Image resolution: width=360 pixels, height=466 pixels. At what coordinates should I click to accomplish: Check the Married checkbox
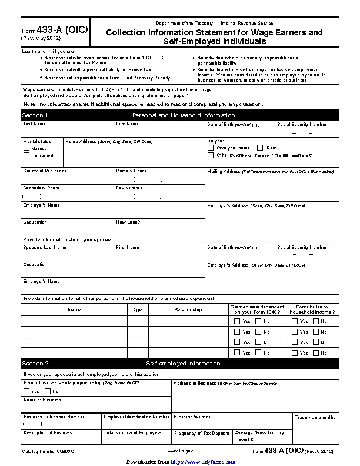point(26,148)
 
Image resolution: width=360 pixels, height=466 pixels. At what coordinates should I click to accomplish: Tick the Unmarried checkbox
point(26,155)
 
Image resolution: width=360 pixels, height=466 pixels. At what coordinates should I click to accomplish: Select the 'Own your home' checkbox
point(211,148)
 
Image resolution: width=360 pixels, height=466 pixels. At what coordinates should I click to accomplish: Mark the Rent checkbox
point(260,148)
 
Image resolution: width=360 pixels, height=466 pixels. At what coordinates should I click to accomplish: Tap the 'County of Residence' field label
point(45,171)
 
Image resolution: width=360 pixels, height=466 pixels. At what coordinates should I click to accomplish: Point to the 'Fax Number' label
point(129,188)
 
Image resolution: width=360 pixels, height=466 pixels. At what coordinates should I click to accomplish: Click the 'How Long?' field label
point(128,222)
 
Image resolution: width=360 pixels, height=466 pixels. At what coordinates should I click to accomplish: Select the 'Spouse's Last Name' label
point(45,248)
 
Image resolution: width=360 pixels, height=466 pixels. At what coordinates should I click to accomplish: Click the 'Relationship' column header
point(188,309)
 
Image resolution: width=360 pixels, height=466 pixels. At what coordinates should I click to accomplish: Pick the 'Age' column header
point(138,309)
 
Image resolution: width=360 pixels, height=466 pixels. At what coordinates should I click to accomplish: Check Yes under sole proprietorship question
point(26,391)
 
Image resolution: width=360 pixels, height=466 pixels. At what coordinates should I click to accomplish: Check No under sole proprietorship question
point(48,391)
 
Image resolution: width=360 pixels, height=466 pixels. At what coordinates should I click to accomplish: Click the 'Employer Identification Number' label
point(136,417)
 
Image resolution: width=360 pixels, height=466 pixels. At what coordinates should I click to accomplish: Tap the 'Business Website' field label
point(192,417)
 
